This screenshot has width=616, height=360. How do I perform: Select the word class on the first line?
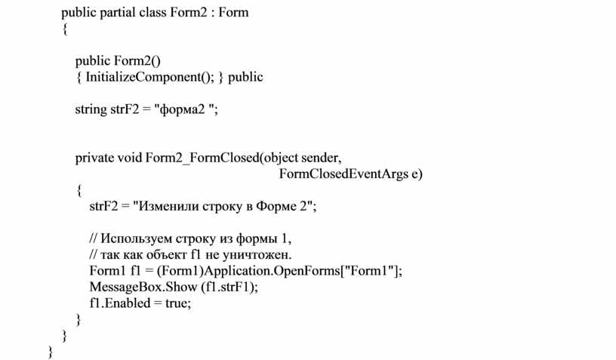coord(152,12)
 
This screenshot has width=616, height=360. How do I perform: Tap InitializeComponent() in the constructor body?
coord(149,77)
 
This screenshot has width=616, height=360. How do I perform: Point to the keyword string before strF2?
coord(91,109)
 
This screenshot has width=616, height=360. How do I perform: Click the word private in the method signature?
coord(94,158)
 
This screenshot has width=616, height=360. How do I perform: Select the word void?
coord(130,158)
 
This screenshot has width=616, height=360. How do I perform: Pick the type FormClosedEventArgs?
coord(343,174)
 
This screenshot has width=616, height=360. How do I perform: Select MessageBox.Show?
coord(143,287)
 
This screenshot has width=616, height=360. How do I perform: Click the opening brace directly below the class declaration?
coord(65,29)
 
